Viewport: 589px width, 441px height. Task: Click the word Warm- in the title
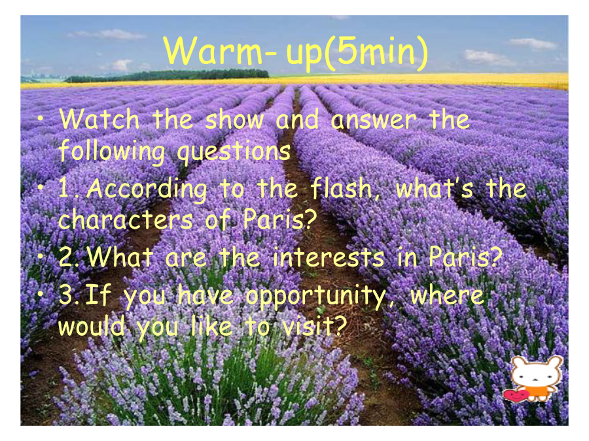(x=220, y=52)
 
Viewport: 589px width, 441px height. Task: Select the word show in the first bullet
(x=235, y=120)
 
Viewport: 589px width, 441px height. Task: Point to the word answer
(x=374, y=121)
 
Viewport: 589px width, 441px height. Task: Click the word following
(x=111, y=152)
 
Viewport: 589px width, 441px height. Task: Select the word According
(x=147, y=189)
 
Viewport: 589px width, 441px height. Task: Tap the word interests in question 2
(x=329, y=258)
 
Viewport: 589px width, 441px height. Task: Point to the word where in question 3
(x=446, y=296)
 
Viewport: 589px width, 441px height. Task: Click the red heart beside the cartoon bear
(x=515, y=395)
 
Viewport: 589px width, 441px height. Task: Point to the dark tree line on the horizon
(x=167, y=76)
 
